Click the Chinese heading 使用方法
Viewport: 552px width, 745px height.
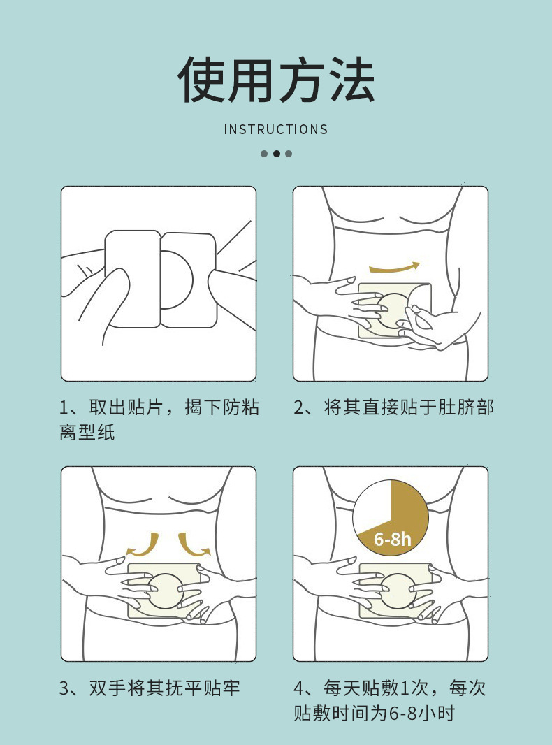point(276,80)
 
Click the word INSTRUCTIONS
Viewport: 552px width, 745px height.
point(276,129)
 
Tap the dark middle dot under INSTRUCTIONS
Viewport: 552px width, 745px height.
point(276,154)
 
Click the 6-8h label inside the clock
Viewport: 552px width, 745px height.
point(393,540)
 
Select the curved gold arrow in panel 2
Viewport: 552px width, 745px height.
point(394,268)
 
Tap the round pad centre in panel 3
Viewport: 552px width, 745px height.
point(165,591)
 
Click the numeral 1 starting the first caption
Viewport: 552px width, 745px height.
point(64,407)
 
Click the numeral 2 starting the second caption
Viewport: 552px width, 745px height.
point(299,407)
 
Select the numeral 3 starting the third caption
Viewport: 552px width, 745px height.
point(64,688)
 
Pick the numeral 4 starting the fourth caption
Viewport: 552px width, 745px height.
point(299,688)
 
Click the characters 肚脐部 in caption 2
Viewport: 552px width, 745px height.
point(465,407)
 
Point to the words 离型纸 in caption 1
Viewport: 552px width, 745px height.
point(87,433)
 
